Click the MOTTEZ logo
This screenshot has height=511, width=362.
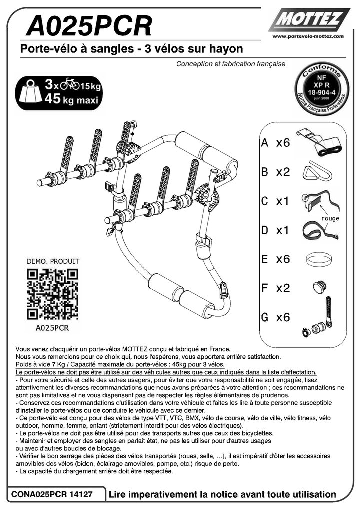coord(309,21)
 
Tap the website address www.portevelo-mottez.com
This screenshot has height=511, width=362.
coord(308,37)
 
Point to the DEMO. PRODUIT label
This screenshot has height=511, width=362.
coord(52,261)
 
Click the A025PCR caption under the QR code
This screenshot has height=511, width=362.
coord(52,328)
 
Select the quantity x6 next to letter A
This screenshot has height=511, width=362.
coord(283,143)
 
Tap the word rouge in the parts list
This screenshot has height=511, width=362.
coord(330,218)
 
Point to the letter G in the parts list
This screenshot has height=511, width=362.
coord(265,317)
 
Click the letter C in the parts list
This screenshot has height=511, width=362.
coord(265,201)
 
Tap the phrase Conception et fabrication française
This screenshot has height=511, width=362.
coord(230,64)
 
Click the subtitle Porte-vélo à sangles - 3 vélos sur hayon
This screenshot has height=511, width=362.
coord(131,49)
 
